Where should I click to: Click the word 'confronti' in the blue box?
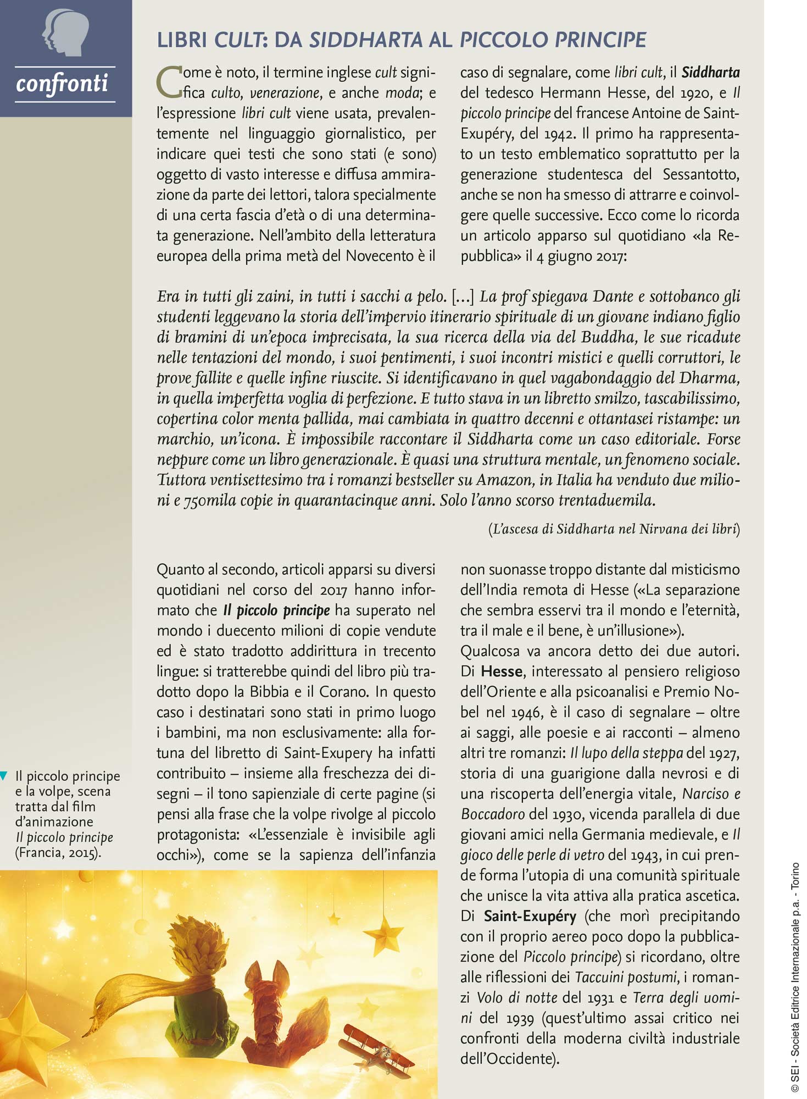point(62,84)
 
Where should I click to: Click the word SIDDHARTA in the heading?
point(366,40)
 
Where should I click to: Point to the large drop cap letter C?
point(169,82)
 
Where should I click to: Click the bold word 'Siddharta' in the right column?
point(710,73)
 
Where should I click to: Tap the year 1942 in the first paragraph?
point(560,134)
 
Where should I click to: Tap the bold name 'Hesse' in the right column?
point(501,671)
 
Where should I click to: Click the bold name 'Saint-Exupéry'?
point(530,916)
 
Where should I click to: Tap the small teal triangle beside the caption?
point(4,776)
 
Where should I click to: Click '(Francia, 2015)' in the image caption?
point(58,853)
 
